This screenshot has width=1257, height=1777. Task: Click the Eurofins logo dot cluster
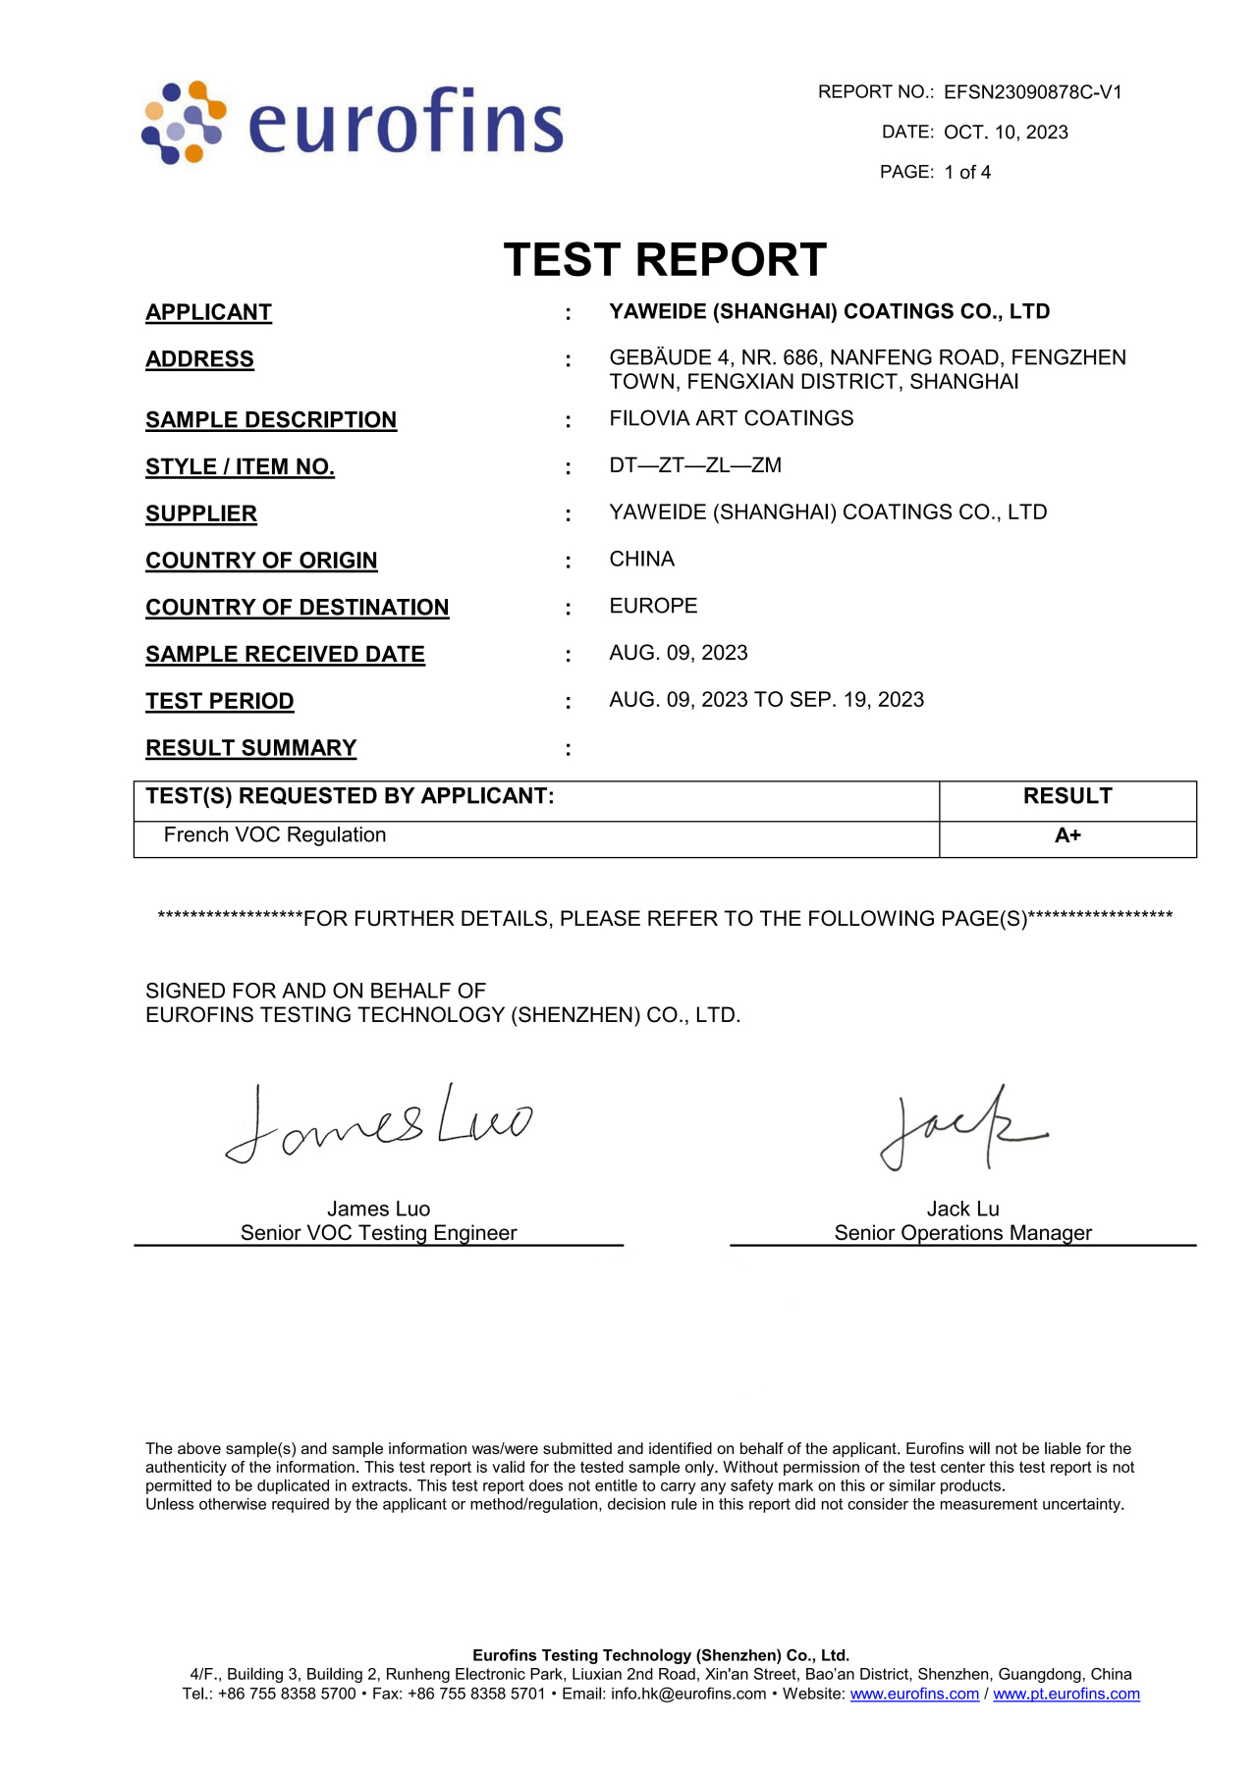tap(184, 122)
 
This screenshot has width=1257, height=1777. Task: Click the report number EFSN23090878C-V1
tap(1032, 92)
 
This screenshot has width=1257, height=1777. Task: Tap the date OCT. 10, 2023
tap(1006, 133)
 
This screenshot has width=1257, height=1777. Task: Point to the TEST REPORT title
tap(665, 260)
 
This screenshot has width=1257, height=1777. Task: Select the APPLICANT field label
tap(208, 312)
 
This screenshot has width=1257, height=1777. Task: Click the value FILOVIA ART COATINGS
tap(731, 418)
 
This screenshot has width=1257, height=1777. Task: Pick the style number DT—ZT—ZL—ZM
tap(695, 465)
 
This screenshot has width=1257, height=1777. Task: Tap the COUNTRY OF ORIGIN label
tap(261, 561)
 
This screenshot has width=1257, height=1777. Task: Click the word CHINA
tap(641, 560)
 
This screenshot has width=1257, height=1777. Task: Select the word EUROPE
tap(653, 606)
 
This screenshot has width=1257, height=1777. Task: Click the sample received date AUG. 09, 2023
tap(678, 653)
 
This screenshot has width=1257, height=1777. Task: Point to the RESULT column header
tap(1067, 796)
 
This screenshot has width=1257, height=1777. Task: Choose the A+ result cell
tap(1067, 835)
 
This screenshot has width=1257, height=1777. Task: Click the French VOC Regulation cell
tap(275, 835)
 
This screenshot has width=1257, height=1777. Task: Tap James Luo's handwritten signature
tap(378, 1125)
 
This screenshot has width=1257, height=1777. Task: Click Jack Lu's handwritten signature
tap(961, 1129)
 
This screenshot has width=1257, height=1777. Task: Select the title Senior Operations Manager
tap(962, 1233)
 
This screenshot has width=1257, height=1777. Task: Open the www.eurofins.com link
tap(914, 1694)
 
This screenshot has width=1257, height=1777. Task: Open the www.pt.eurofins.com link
tap(1066, 1694)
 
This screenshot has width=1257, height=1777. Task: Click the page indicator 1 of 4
tap(967, 173)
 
